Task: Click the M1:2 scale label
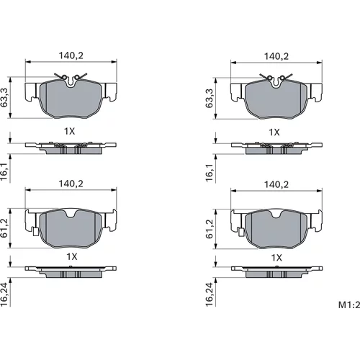coord(349,305)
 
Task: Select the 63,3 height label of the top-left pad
coord(4,98)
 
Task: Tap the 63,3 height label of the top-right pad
coord(210,98)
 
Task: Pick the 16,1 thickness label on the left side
coord(4,172)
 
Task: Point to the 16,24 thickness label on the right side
coord(210,294)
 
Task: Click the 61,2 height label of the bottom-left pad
coord(4,228)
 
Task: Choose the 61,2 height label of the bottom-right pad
coord(210,229)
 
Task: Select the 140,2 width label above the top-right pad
coord(276,56)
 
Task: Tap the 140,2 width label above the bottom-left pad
coord(71,184)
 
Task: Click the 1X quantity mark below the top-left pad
coord(69,131)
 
